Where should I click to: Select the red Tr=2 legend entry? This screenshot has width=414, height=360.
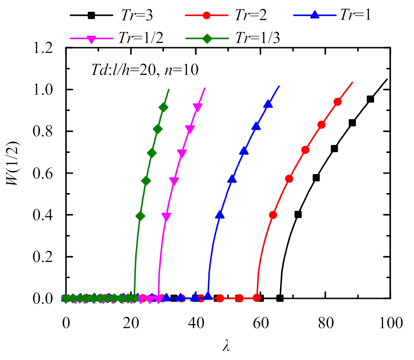click(x=226, y=15)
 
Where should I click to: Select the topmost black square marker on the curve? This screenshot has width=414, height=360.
click(x=370, y=99)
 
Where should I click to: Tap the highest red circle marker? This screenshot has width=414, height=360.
click(x=338, y=102)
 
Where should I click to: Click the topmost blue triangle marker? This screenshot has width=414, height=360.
click(x=268, y=104)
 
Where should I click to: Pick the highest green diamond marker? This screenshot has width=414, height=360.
click(x=163, y=107)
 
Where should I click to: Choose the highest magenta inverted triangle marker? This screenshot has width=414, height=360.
click(x=197, y=107)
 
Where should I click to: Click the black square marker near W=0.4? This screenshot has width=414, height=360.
click(x=298, y=214)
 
